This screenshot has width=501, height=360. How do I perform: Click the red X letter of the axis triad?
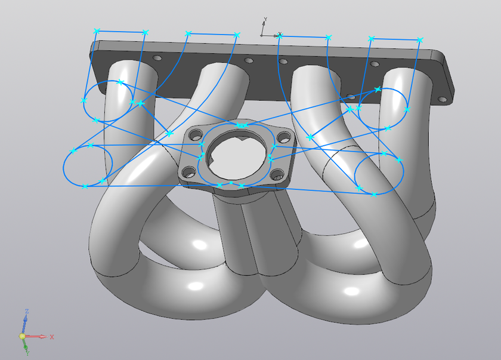pyautogui.click(x=52, y=337)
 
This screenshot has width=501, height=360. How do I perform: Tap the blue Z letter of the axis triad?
pyautogui.click(x=27, y=312)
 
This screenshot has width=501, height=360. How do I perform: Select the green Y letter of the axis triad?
pyautogui.click(x=27, y=353)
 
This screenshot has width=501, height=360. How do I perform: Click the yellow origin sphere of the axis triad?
pyautogui.click(x=23, y=337)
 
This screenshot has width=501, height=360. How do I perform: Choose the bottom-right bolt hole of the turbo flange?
pyautogui.click(x=277, y=175)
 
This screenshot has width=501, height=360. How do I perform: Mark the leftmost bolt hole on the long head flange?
pyautogui.click(x=157, y=59)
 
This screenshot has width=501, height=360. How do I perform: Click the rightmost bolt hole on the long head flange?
pyautogui.click(x=442, y=99)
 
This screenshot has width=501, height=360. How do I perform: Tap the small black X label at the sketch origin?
pyautogui.click(x=280, y=35)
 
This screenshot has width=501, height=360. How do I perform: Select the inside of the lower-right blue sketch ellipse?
pyautogui.click(x=379, y=173)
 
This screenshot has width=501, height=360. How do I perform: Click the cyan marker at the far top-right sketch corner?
pyautogui.click(x=420, y=39)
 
